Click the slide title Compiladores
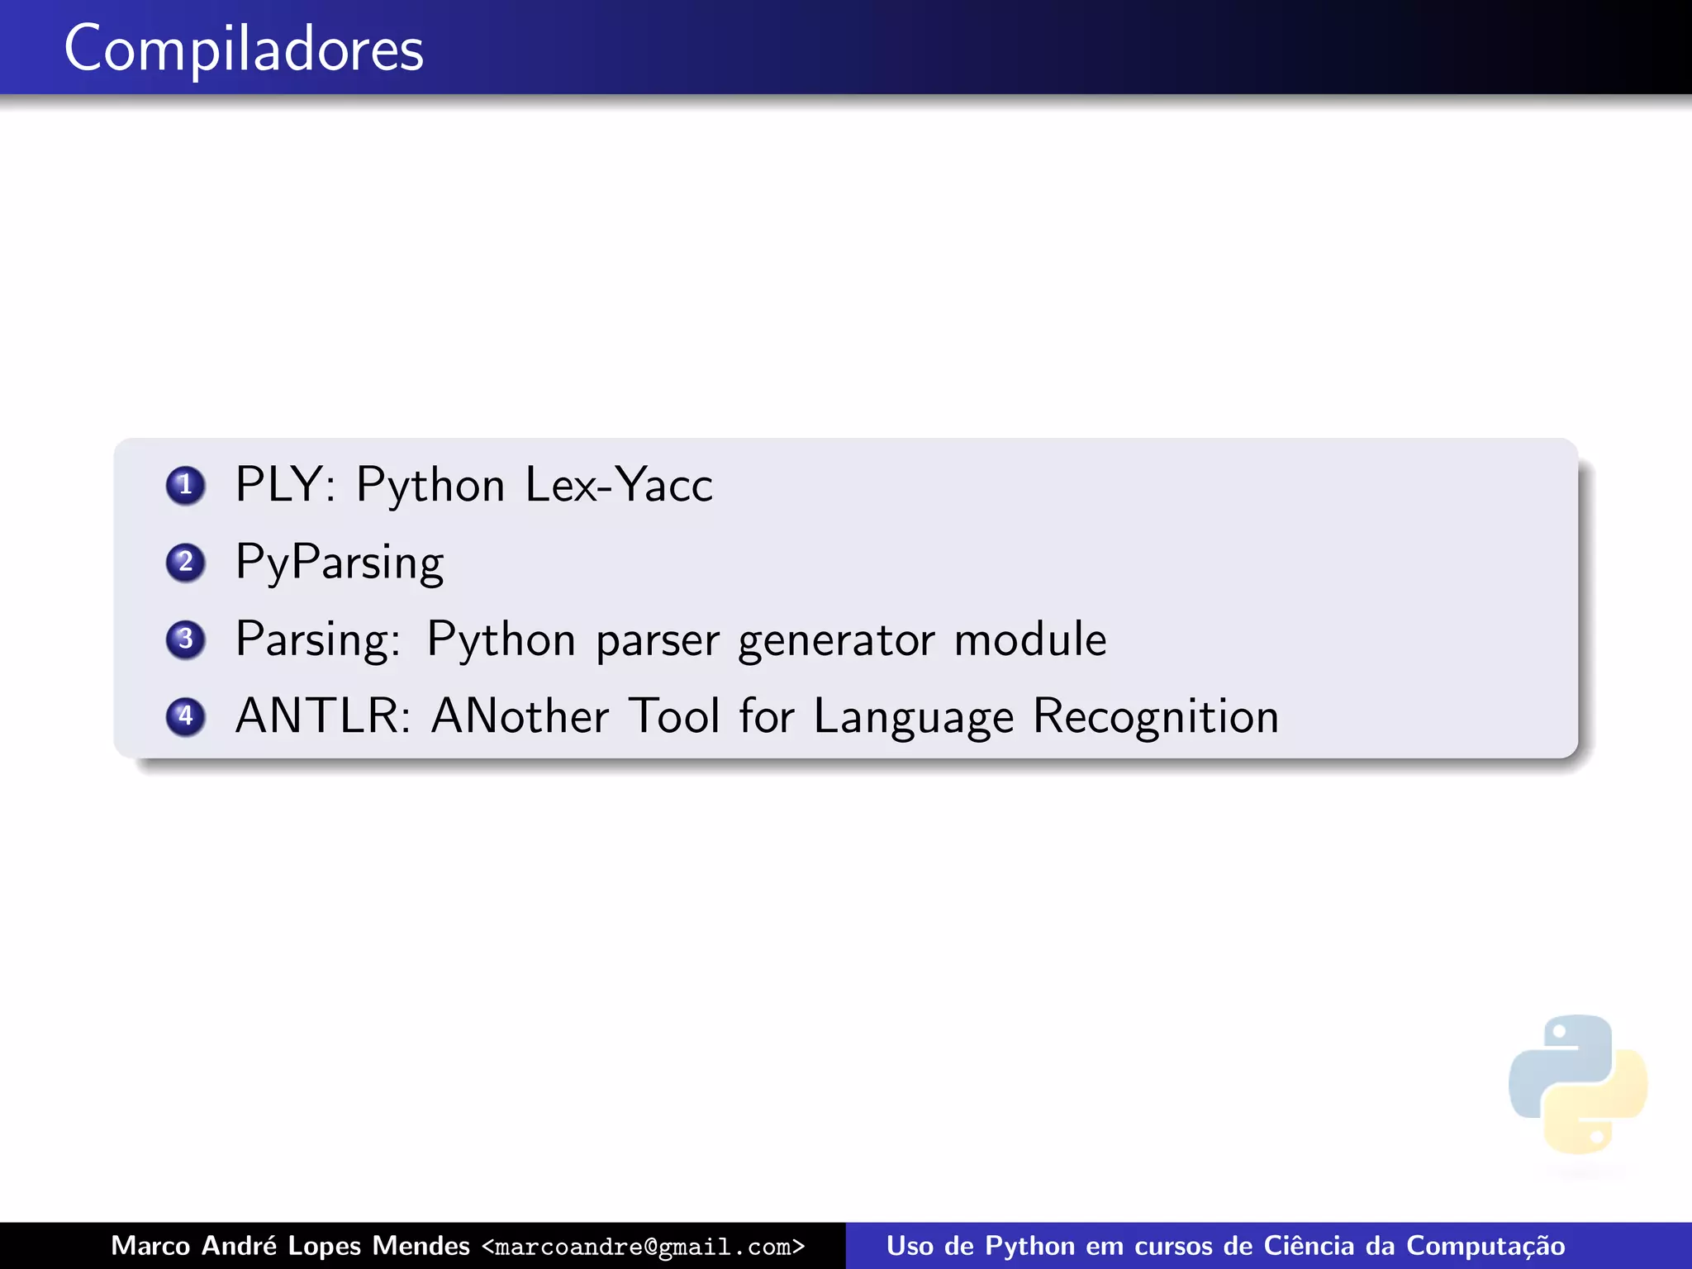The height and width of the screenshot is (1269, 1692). click(244, 50)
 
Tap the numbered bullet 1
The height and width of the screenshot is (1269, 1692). click(185, 485)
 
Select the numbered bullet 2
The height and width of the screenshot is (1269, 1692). click(185, 562)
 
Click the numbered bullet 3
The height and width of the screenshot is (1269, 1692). click(185, 639)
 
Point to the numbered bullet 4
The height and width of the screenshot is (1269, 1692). click(185, 715)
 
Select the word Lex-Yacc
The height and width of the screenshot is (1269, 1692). click(619, 485)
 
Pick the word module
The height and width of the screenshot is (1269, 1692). click(1030, 639)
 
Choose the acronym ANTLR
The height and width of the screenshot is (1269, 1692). click(322, 716)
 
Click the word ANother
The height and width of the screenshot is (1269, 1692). click(520, 716)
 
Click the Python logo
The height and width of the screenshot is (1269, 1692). click(1577, 1084)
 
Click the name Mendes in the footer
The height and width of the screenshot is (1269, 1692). click(421, 1246)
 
